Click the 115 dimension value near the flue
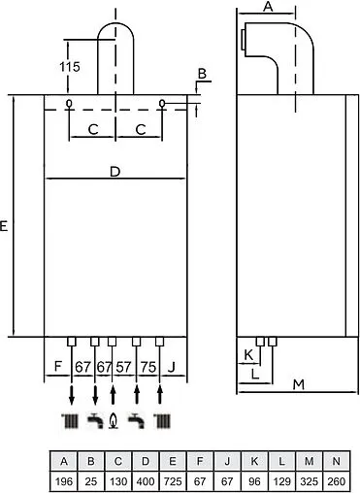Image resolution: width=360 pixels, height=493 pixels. tap(67, 69)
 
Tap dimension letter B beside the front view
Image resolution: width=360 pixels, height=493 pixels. tap(202, 74)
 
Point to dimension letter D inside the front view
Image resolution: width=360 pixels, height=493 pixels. tap(115, 172)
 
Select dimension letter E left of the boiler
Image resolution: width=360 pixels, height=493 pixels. tap(6, 226)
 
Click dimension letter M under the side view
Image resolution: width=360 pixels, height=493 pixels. tap(298, 384)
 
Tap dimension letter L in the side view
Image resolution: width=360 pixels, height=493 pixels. tap(255, 372)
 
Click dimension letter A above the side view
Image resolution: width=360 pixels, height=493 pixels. tap(269, 8)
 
